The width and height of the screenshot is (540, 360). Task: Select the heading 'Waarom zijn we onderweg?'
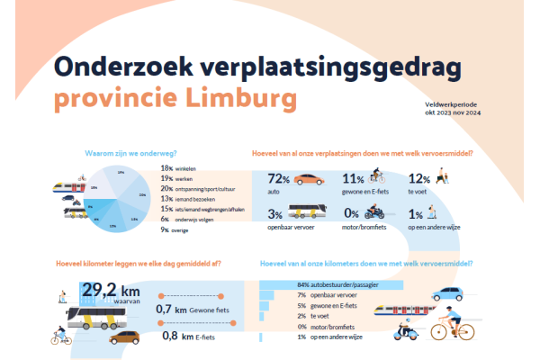click(130, 153)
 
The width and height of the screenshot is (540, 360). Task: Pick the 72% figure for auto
click(278, 180)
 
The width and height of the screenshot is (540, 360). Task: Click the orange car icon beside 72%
click(310, 180)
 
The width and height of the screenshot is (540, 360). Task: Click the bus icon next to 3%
click(308, 214)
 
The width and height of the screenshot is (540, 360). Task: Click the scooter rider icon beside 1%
click(444, 215)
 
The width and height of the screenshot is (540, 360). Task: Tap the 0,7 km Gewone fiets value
click(193, 310)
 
